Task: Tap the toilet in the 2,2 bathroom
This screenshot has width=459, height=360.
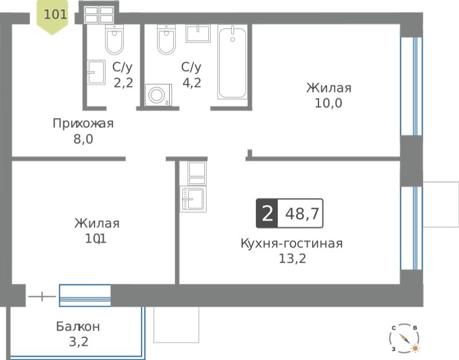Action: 114,40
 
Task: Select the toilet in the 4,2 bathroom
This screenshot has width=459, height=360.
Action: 166,40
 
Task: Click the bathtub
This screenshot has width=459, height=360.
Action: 232,62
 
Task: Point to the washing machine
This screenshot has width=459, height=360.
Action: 158,95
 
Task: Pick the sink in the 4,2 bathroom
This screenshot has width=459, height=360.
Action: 198,33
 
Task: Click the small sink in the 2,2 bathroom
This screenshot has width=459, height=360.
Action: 96,72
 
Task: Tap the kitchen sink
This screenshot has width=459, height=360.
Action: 193,199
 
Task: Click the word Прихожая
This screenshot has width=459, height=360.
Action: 83,123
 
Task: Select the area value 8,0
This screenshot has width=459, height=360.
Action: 83,139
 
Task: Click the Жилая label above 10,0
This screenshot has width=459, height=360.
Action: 329,88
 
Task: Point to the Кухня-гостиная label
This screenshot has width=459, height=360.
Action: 291,243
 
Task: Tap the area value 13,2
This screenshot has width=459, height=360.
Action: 292,259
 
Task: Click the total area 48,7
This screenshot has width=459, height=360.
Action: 302,213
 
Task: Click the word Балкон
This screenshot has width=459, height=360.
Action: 78,326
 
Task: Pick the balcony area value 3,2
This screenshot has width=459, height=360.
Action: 79,342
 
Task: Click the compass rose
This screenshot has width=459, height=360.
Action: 404,338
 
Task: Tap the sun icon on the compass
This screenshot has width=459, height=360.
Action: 415,349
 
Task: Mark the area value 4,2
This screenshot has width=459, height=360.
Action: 192,83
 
